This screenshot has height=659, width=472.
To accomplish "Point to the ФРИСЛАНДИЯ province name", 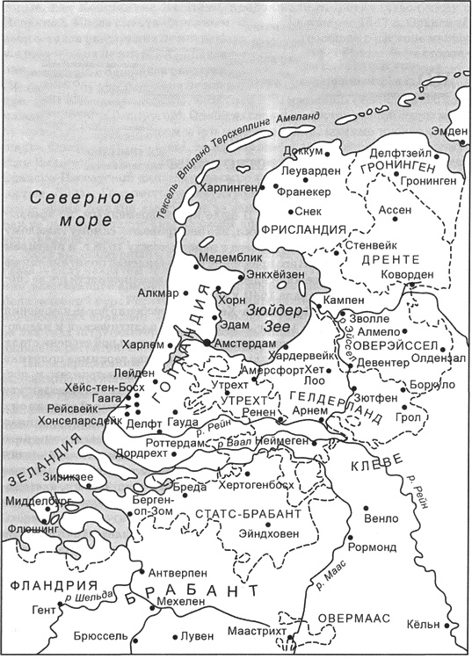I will [x=299, y=229].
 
